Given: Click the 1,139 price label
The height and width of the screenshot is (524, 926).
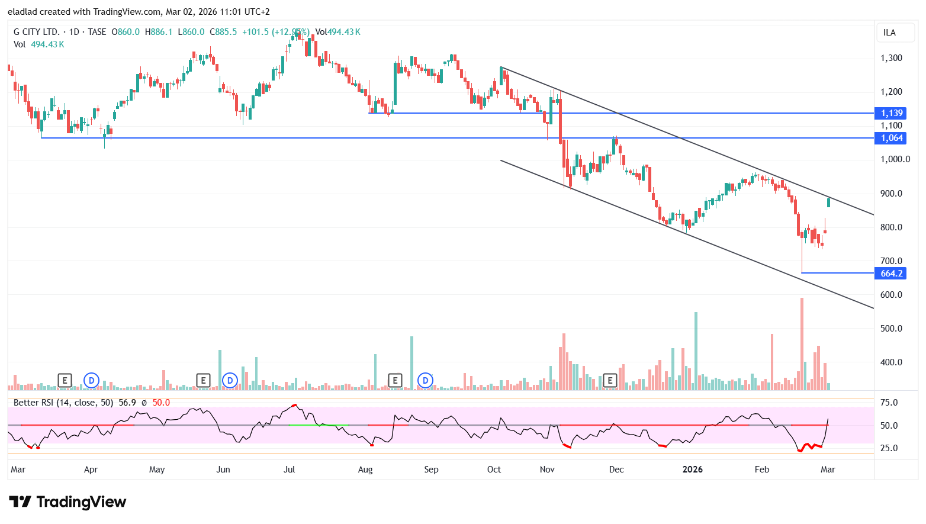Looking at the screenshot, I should click(891, 113).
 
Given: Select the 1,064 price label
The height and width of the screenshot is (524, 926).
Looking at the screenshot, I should click(891, 138).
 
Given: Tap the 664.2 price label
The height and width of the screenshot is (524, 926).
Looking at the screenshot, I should click(891, 273).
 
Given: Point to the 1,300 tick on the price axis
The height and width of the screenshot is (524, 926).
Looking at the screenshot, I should click(891, 58).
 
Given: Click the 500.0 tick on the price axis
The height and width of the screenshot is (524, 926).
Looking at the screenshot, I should click(891, 329).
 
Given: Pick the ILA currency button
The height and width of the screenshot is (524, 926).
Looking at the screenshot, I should click(889, 33).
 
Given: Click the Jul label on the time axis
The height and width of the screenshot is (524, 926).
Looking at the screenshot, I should click(289, 470).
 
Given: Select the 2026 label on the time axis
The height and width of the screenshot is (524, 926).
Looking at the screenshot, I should click(692, 470).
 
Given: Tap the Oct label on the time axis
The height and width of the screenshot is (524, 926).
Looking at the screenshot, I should click(494, 470).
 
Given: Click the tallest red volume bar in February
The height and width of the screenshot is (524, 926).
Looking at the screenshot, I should click(802, 343).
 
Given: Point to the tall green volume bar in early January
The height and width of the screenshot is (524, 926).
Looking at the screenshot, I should click(696, 351).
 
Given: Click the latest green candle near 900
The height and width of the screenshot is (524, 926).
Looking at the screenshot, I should click(828, 202).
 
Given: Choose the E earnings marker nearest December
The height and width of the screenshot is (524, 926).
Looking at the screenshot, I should click(610, 381).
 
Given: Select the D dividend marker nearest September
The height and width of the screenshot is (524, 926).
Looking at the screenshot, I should click(425, 381).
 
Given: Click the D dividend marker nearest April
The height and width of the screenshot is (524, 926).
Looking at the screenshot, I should click(91, 381).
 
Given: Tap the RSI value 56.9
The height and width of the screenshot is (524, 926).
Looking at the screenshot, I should click(127, 403).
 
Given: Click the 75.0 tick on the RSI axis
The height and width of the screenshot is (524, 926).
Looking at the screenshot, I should click(889, 403).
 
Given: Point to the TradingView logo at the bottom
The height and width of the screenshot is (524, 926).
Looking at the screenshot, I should click(67, 502).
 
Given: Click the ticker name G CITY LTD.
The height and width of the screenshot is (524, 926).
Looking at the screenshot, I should click(37, 32).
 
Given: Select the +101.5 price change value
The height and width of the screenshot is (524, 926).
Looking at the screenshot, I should click(255, 32).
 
